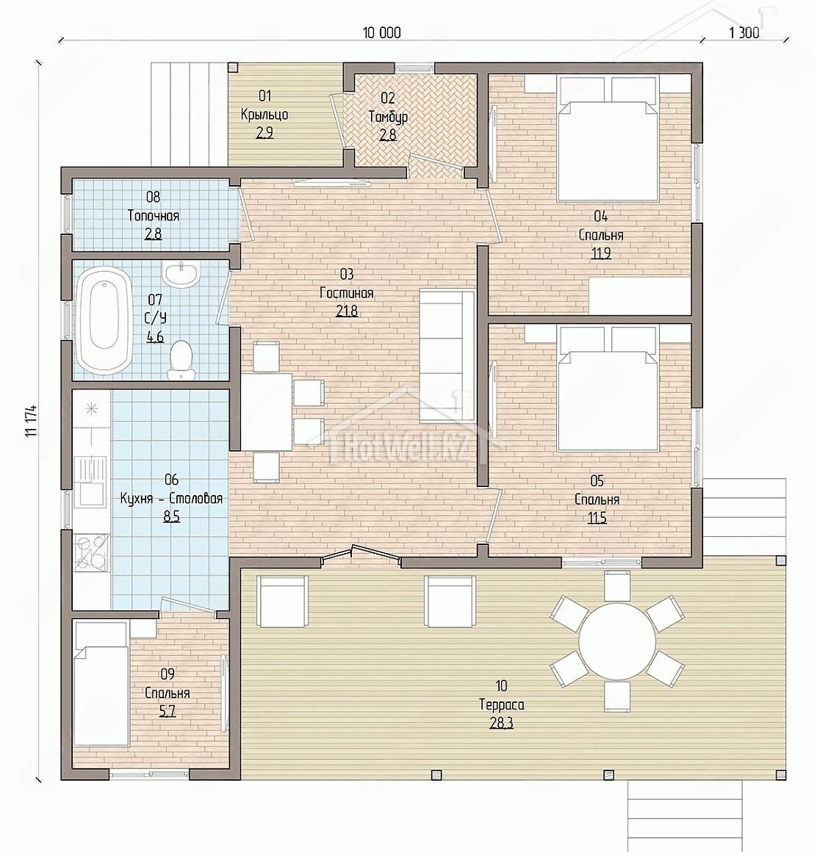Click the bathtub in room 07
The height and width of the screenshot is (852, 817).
pos(104,319)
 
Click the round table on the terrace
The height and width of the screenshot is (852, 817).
pos(617,639)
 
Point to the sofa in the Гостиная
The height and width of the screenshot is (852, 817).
pos(447,356)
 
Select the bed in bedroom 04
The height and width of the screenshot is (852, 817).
pos(608,139)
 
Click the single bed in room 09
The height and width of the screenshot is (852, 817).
pos(101,684)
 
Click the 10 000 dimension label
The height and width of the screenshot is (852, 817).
pos(381,32)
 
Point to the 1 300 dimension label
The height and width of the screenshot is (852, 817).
pos(744,32)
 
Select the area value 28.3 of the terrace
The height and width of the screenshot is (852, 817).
pos(501,723)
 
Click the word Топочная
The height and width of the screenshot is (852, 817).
pos(154,216)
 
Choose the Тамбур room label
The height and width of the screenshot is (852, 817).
pos(388,116)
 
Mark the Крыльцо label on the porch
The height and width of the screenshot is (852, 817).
pos(264,115)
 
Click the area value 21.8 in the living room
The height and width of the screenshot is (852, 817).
pos(347,311)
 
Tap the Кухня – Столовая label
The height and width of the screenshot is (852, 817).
pos(171,498)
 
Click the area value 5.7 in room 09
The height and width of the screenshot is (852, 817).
pos(167,711)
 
